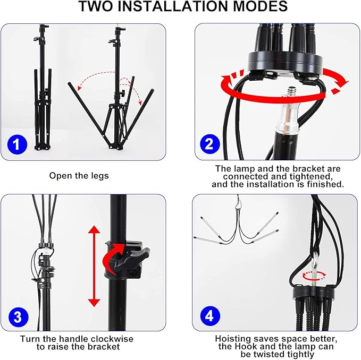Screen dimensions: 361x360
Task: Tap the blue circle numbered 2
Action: point(209,144)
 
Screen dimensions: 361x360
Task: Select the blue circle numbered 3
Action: point(18,316)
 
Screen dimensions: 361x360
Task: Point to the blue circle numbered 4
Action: point(210,316)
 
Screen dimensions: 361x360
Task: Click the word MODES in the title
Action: point(261,6)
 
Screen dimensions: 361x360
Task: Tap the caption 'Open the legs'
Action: point(79,176)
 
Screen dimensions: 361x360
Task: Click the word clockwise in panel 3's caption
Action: point(112,339)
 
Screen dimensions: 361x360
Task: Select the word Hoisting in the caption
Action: point(232,339)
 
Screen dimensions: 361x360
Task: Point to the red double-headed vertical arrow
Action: point(94,266)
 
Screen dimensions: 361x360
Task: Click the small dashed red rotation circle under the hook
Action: point(314,275)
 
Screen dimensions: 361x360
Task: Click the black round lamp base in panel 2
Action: point(286,63)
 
